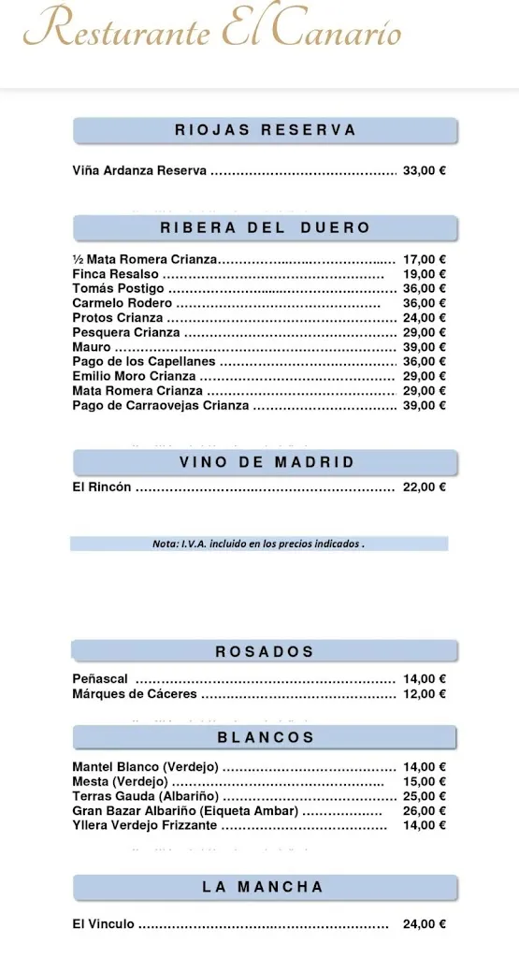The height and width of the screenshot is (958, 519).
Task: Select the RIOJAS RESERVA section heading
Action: point(266,130)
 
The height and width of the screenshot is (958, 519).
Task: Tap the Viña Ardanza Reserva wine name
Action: point(138,171)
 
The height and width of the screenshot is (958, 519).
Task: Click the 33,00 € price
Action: point(424,171)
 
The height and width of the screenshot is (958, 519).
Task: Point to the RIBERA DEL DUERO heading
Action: point(266,227)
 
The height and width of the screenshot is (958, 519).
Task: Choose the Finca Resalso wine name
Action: point(115,274)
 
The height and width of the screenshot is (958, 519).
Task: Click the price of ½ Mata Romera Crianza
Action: point(424,259)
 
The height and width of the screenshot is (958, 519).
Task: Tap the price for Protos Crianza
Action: point(424,318)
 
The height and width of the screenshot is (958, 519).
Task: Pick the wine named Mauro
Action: point(91,347)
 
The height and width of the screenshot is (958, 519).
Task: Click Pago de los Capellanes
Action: point(143,361)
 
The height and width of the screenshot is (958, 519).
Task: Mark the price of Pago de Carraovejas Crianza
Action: point(424,405)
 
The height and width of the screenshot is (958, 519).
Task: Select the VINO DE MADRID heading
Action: point(266,462)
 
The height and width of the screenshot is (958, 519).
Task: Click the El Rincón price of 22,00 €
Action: point(424,486)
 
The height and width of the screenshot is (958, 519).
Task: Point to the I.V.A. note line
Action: point(258,544)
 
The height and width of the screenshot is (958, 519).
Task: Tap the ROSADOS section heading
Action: point(266,651)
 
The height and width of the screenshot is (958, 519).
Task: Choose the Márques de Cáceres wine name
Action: point(134,694)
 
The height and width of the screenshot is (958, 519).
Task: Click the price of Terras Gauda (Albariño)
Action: point(424,796)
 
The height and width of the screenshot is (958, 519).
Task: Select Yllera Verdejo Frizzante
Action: point(144,825)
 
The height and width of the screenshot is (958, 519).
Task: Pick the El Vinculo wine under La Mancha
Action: point(103,924)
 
